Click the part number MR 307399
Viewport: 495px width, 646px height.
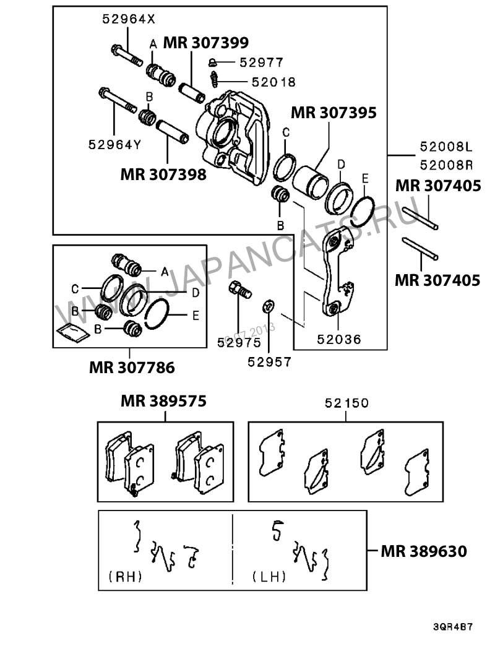205,43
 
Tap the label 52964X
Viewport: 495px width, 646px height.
129,19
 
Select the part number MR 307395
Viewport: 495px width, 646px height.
334,113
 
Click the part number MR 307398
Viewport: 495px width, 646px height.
163,174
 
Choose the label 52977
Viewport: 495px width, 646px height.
261,62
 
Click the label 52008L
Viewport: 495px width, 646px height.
445,147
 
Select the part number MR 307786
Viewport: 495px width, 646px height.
132,368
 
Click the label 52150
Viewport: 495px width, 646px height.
346,403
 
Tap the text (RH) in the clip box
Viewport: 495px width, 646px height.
125,577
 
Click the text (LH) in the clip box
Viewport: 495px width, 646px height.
269,577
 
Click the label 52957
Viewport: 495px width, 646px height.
269,362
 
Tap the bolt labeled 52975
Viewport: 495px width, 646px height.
240,289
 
